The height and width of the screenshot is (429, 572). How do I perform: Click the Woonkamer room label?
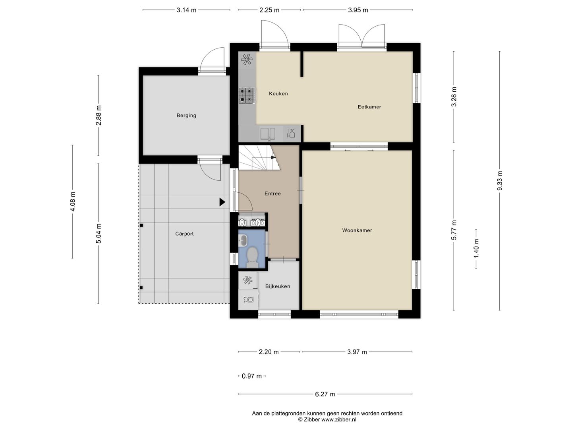click(357, 230)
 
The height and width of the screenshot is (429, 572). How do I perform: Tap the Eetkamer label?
click(369, 107)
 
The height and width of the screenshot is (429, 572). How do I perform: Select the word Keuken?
click(278, 93)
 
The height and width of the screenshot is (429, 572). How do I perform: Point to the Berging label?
click(186, 115)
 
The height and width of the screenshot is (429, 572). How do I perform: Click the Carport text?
click(184, 234)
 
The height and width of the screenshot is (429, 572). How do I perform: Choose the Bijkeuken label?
click(278, 286)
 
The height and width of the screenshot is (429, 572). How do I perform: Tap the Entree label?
click(272, 193)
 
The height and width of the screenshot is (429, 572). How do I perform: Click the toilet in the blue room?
click(252, 257)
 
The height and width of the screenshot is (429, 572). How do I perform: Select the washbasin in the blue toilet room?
click(243, 240)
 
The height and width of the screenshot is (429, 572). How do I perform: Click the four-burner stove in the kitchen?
click(247, 95)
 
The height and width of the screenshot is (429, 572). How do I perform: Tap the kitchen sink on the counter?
click(268, 134)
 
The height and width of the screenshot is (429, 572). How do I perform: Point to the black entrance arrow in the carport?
click(222, 202)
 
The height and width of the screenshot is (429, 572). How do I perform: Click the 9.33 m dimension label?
click(500, 181)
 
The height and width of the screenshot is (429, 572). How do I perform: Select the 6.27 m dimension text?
click(325, 394)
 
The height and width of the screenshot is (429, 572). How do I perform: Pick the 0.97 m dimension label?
click(252, 376)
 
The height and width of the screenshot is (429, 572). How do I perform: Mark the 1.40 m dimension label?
click(476, 249)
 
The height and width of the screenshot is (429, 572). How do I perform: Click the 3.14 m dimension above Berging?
click(186, 10)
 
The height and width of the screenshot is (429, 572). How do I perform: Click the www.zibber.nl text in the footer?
click(338, 419)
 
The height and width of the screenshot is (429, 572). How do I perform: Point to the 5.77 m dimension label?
click(454, 230)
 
